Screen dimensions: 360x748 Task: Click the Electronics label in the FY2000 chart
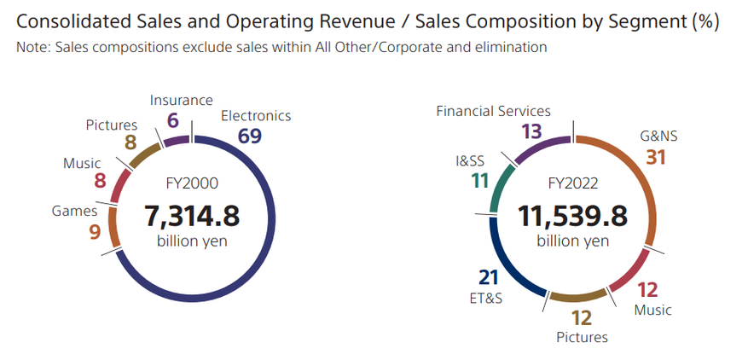[256, 116]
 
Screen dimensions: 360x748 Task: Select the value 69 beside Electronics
[250, 136]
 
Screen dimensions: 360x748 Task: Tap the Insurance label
[181, 101]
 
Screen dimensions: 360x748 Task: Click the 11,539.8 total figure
[572, 215]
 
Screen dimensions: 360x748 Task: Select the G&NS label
[658, 135]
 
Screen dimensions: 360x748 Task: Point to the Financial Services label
[493, 111]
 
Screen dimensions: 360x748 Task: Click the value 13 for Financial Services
[531, 131]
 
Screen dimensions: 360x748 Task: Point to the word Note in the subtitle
[32, 48]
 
